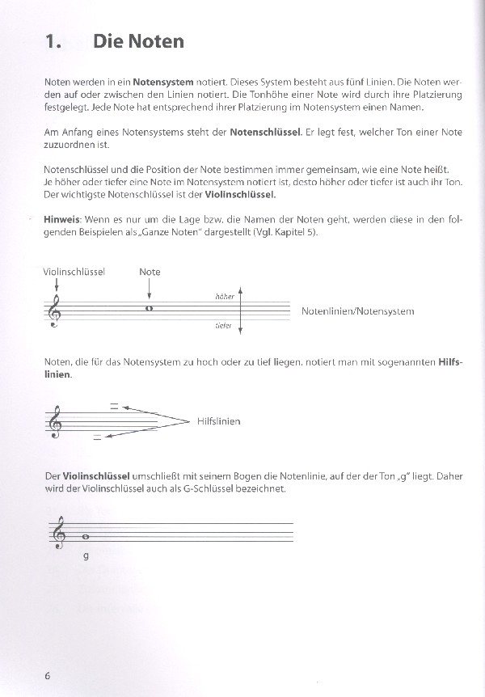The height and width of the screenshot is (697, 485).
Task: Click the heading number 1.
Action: pyautogui.click(x=53, y=40)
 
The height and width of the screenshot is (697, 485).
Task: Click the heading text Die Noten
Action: pyautogui.click(x=138, y=40)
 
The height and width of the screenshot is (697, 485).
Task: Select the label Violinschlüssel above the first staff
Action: pyautogui.click(x=74, y=272)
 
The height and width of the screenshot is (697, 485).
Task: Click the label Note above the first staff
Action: pyautogui.click(x=150, y=272)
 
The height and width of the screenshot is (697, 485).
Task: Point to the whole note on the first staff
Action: pyautogui.click(x=149, y=307)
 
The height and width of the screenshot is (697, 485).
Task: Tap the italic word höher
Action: pyautogui.click(x=224, y=297)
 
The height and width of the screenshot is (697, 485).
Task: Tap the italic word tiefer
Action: pyautogui.click(x=224, y=326)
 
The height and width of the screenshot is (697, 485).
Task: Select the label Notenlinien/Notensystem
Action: pyautogui.click(x=357, y=311)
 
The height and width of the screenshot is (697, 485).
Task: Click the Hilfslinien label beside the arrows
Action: pyautogui.click(x=218, y=421)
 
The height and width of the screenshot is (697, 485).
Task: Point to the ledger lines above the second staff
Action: pyautogui.click(x=115, y=406)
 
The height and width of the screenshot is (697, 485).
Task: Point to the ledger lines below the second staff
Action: pyautogui.click(x=98, y=437)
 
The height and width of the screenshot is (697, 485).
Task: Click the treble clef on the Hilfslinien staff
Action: pyautogui.click(x=55, y=422)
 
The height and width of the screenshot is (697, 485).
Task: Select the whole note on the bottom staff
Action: pyautogui.click(x=86, y=534)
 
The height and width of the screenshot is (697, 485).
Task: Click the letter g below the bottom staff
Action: pyautogui.click(x=86, y=556)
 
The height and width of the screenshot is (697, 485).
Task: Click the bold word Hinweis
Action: pyautogui.click(x=61, y=220)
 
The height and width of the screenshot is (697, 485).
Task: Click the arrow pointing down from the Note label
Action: pyautogui.click(x=150, y=288)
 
